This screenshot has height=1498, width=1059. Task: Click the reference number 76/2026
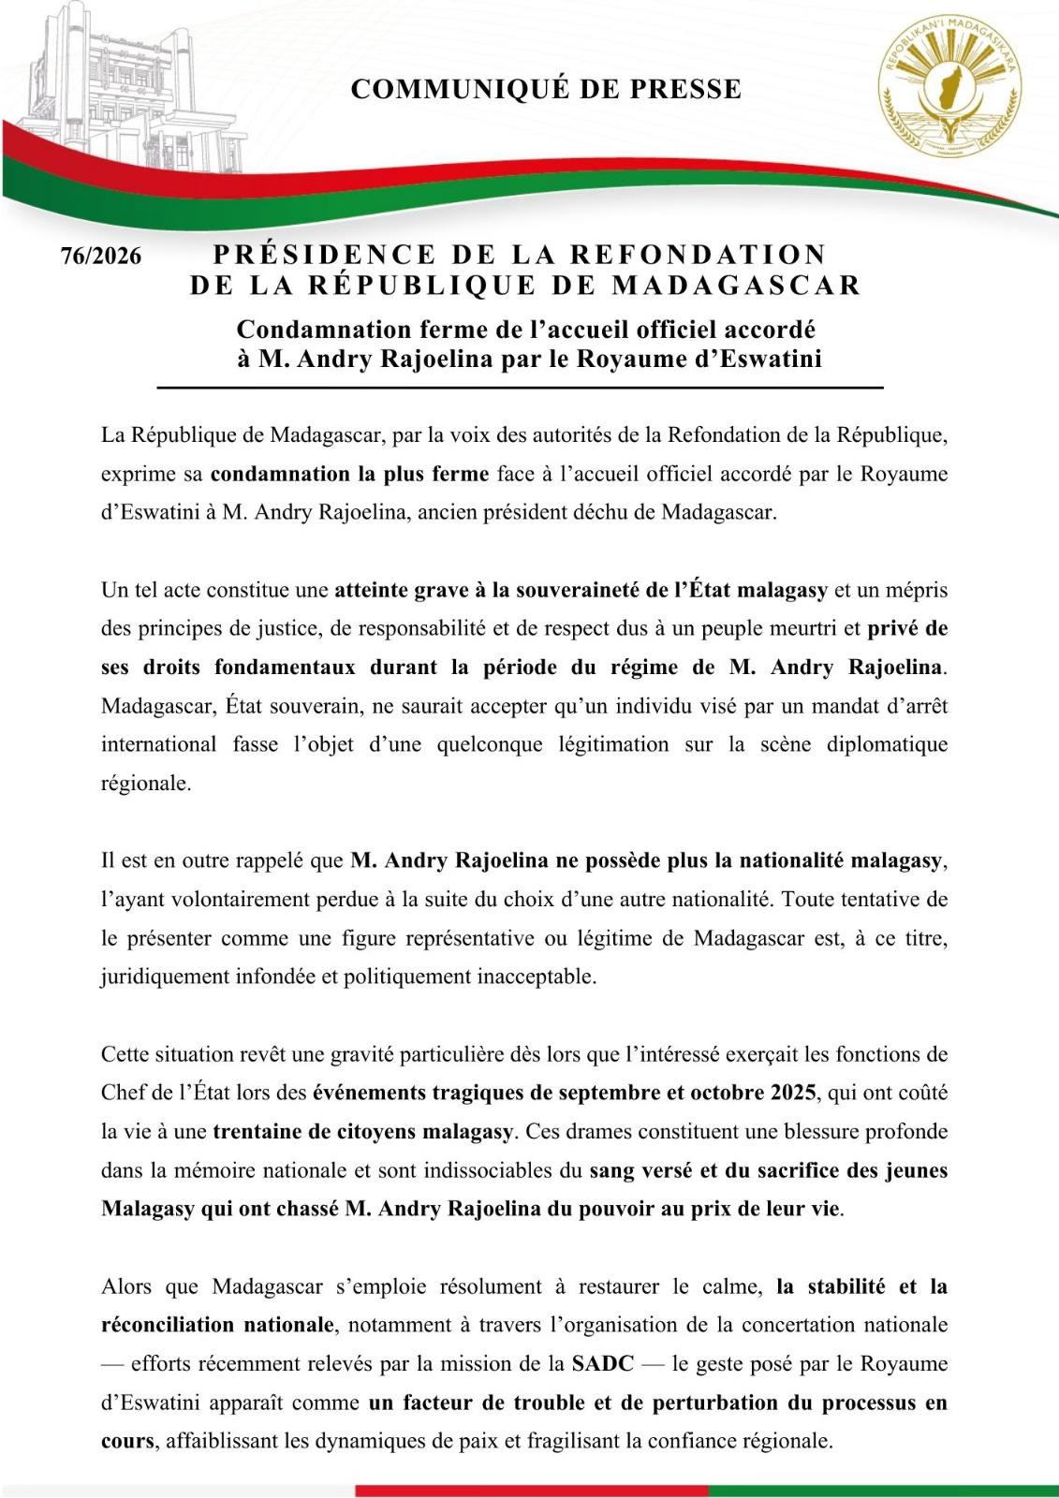(x=101, y=257)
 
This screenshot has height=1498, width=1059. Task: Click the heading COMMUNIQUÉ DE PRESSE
(x=546, y=90)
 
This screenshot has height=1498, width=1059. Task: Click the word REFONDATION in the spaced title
(x=699, y=255)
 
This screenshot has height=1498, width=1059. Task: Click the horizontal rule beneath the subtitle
(x=520, y=387)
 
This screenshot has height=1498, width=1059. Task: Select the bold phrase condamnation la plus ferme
(x=349, y=474)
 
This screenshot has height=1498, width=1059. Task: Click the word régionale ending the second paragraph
(x=145, y=784)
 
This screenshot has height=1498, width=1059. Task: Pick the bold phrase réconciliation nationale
(x=217, y=1325)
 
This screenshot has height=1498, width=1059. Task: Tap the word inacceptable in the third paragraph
(x=536, y=977)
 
